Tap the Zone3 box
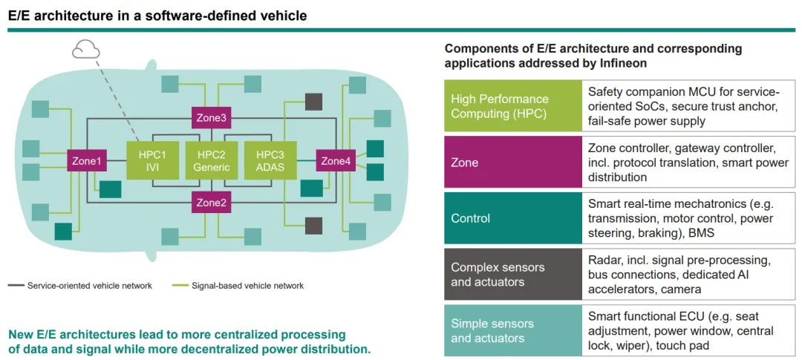(211, 118)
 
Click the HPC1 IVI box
(152, 160)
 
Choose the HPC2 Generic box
(211, 160)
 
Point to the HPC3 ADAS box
(270, 160)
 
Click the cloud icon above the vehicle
(86, 50)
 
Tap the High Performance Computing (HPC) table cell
(513, 106)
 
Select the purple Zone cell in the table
(513, 163)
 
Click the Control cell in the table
(513, 218)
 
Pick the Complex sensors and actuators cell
(513, 274)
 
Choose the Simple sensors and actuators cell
(513, 330)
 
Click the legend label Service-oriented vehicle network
(90, 286)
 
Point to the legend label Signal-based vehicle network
(247, 286)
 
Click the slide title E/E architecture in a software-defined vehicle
(157, 16)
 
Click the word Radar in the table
(602, 261)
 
